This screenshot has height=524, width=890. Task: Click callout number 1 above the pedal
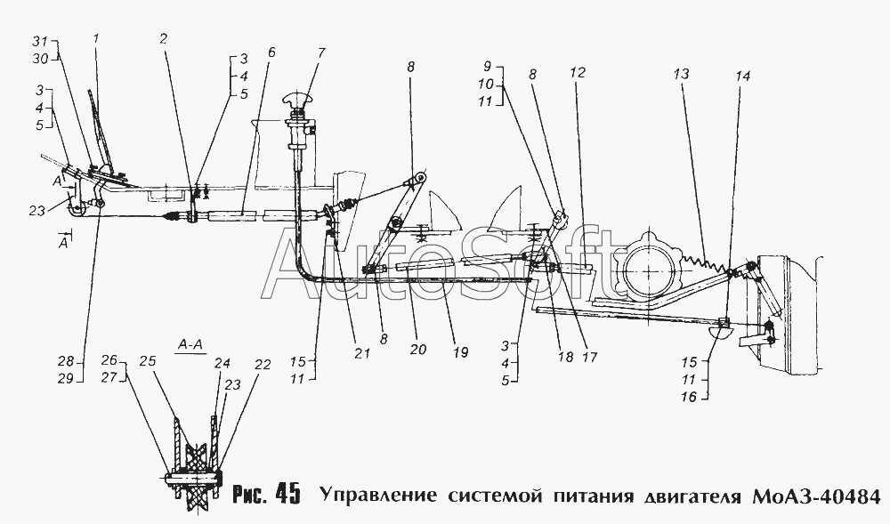[x=97, y=39]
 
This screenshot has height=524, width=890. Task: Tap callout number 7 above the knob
[x=320, y=52]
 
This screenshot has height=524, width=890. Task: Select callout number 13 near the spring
[x=683, y=75]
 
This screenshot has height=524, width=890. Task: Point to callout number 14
[x=743, y=76]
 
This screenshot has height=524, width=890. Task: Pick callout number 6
[x=271, y=52]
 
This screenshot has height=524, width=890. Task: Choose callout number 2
[x=164, y=39]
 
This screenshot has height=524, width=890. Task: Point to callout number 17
[x=587, y=351]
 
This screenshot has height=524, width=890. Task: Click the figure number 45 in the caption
[x=287, y=493]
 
